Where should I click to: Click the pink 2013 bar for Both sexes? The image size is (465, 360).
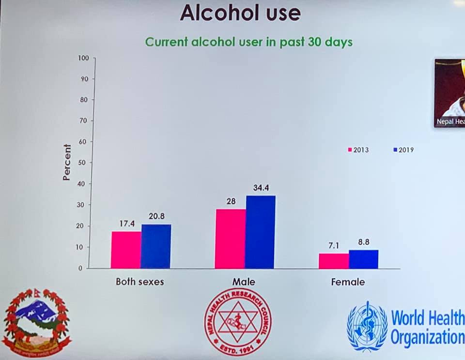(126, 250)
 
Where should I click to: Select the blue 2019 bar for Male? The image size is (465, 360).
(260, 232)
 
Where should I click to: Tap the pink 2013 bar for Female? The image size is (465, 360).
(334, 261)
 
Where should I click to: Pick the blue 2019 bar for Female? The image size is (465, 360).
(363, 259)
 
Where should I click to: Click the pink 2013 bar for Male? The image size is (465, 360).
(231, 239)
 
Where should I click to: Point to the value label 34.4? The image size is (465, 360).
(260, 187)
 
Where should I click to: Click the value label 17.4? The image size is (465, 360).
(127, 224)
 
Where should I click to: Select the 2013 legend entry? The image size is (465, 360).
(358, 150)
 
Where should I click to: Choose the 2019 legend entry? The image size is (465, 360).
(403, 150)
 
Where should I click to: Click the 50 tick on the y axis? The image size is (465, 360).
(85, 163)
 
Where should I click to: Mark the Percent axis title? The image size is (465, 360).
(67, 162)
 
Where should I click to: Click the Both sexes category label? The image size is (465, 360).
(139, 282)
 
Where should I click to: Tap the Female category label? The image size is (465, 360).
(348, 282)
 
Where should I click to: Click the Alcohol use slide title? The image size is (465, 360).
(240, 13)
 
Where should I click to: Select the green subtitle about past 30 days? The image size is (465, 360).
(249, 42)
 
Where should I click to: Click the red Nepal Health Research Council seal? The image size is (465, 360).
(237, 322)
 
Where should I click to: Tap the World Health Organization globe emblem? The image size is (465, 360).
(367, 326)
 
